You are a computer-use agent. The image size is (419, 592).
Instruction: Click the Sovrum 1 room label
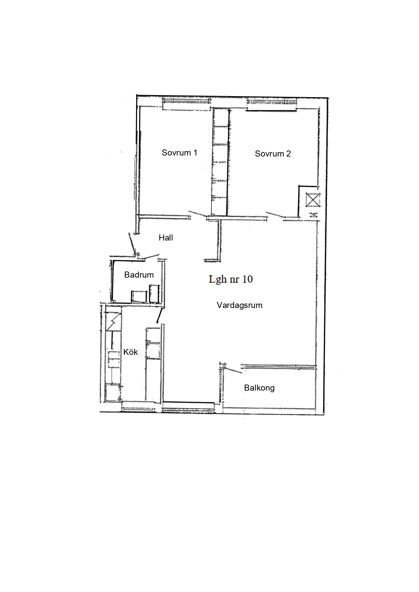179,152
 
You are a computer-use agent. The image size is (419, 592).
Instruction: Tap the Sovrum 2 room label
273,154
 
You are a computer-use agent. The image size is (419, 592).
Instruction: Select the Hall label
166,238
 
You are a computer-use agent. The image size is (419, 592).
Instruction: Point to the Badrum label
139,275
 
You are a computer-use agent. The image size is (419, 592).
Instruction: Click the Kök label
130,352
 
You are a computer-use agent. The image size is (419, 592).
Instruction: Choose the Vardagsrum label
239,305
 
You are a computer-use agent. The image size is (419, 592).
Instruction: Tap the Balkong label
259,388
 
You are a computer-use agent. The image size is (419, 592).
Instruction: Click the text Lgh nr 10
231,279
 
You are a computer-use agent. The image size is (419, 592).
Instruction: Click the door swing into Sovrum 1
197,214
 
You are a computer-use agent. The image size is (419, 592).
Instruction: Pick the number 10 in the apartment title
247,279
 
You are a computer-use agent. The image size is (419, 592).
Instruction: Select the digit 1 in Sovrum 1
195,152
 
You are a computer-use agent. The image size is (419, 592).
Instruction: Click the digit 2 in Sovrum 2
288,154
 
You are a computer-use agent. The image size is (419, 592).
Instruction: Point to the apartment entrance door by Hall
131,244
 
